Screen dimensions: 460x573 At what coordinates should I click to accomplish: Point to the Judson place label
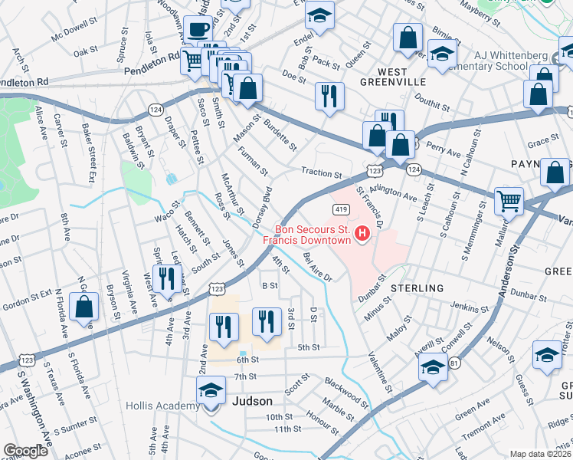click(252, 401)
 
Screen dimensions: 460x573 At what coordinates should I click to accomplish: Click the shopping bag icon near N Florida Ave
click(84, 307)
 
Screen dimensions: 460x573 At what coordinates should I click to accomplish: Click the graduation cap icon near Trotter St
click(547, 355)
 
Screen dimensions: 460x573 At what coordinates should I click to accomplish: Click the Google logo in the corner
click(25, 451)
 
